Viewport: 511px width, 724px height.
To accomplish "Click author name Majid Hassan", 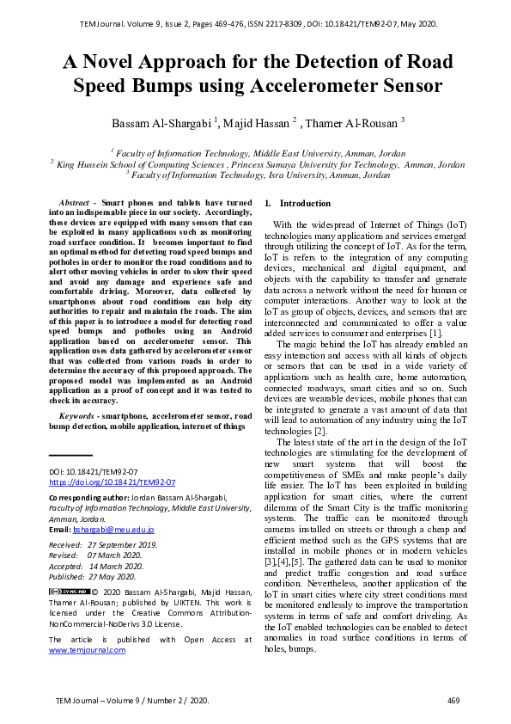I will click(260, 123).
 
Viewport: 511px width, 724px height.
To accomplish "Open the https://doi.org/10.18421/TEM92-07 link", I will click(112, 483).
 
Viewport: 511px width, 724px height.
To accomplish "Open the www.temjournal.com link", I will click(87, 650).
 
